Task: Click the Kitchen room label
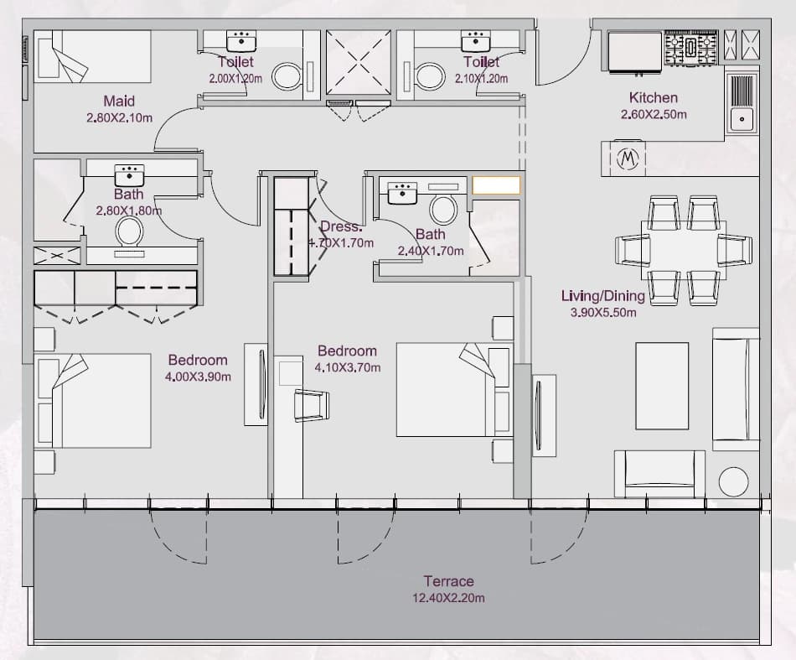(x=654, y=97)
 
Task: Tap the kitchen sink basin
(x=742, y=119)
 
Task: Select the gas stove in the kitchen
(x=690, y=48)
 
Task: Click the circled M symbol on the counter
(x=628, y=159)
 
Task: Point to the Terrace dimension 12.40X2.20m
(x=448, y=598)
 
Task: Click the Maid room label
(x=119, y=101)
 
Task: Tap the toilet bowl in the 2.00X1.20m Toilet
(x=287, y=77)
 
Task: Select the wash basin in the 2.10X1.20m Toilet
(x=476, y=41)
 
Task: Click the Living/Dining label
(x=603, y=296)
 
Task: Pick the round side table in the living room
(x=733, y=481)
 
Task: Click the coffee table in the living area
(x=662, y=386)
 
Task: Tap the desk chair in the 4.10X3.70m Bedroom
(x=311, y=405)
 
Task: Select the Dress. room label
(x=341, y=226)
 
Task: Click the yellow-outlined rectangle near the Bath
(x=497, y=185)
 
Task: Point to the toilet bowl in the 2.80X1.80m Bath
(x=129, y=231)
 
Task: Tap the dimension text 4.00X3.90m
(x=198, y=377)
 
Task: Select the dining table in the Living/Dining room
(x=683, y=250)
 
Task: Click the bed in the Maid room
(x=92, y=56)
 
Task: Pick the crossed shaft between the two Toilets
(x=359, y=63)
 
